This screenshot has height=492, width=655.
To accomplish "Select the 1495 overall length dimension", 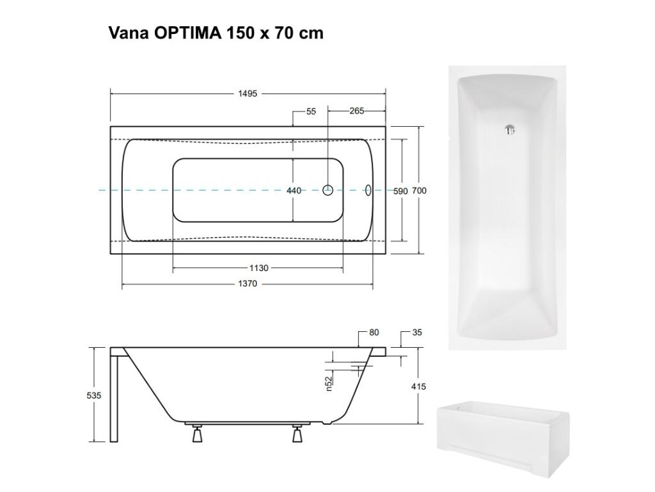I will (x=248, y=94).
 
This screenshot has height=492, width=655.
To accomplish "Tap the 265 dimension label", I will (x=356, y=111).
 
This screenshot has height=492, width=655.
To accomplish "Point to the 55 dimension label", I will (x=311, y=111).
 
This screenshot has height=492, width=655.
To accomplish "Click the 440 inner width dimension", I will (x=293, y=191).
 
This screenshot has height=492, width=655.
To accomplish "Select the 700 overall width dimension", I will (x=420, y=191).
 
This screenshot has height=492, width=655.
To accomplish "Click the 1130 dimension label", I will (x=258, y=268).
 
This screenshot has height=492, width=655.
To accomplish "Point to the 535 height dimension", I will (x=94, y=396).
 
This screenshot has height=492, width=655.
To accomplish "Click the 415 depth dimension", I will (x=419, y=387).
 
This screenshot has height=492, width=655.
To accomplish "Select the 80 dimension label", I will (x=374, y=332).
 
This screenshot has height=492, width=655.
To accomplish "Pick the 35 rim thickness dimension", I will (x=418, y=332).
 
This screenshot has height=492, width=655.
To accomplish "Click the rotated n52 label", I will (x=329, y=383).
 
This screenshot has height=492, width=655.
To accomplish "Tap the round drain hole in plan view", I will (x=328, y=190).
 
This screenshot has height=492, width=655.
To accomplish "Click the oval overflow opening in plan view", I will (x=368, y=190).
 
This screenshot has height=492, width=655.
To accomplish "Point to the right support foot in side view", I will (x=297, y=435).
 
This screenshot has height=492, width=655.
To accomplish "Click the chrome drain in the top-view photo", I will (x=510, y=130).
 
